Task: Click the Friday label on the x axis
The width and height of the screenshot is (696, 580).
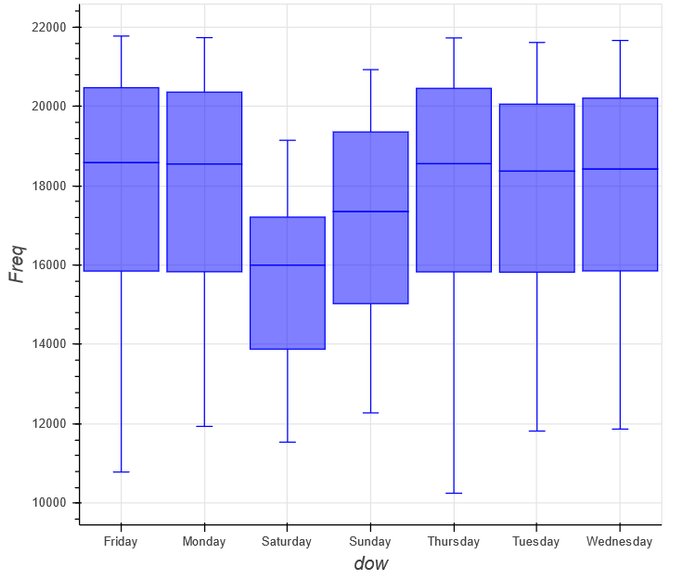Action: pos(121,542)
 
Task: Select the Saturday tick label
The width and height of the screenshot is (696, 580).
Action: pos(287,542)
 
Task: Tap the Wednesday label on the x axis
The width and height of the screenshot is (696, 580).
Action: pos(620,542)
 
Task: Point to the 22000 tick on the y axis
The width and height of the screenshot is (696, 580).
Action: pos(48,27)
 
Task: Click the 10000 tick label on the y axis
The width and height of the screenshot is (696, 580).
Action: pos(48,503)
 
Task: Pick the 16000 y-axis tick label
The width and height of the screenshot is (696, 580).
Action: pos(48,265)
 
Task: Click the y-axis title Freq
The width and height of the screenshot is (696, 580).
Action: pos(17,264)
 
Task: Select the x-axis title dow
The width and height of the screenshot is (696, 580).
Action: pos(370,564)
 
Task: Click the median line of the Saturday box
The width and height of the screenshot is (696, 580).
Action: pos(287,265)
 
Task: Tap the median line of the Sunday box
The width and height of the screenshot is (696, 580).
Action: pos(370,212)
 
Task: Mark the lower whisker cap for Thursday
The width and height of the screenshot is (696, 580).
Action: pos(454,493)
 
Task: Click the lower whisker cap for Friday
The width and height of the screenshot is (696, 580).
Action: pos(121,472)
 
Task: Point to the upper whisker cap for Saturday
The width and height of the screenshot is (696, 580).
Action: pos(287,140)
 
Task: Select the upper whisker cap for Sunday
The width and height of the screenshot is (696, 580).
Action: pos(370,70)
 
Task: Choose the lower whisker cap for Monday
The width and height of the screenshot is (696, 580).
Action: pos(204,426)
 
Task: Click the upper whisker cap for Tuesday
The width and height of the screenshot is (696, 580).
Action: pos(536,43)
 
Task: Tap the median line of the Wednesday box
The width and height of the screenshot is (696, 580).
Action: pos(620,169)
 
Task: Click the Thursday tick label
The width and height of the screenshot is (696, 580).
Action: pos(454,542)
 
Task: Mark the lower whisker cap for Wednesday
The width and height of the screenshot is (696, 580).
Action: pos(620,429)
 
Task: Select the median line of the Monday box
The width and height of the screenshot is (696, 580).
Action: pos(204,164)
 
